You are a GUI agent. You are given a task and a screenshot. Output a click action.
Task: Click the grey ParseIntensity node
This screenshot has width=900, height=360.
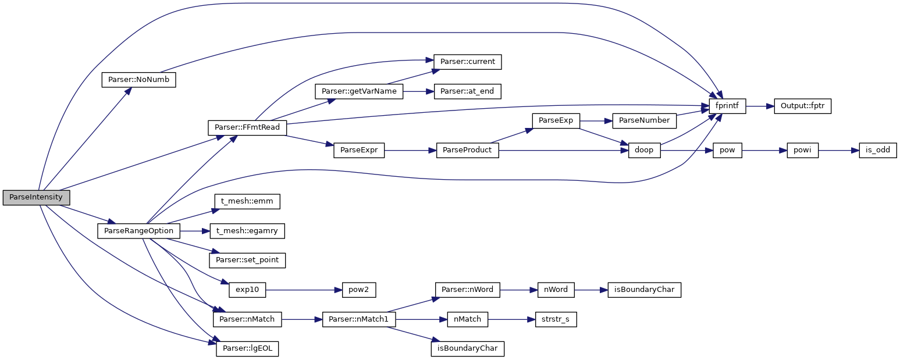click(x=36, y=197)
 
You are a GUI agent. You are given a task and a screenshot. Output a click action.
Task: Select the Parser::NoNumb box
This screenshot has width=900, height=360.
click(x=138, y=80)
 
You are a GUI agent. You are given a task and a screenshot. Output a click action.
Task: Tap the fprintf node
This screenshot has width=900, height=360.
click(x=727, y=106)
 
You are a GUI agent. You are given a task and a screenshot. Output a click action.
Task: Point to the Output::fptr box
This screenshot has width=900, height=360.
click(x=802, y=106)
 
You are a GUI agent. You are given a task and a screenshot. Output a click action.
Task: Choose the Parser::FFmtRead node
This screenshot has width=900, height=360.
click(x=247, y=127)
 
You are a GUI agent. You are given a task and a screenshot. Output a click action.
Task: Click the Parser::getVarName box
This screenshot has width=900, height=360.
click(x=359, y=91)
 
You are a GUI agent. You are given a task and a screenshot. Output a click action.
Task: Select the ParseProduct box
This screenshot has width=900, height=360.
click(x=467, y=150)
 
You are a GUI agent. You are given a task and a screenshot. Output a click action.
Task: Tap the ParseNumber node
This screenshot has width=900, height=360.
click(x=644, y=121)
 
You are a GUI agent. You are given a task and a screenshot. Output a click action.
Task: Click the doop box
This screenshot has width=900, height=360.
click(x=644, y=150)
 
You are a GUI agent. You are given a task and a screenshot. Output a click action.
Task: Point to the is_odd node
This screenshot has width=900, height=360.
click(x=878, y=150)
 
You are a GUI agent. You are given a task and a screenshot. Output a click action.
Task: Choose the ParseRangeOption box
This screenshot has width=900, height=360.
click(x=138, y=231)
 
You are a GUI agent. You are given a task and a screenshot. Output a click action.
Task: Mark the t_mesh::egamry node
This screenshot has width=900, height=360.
click(x=247, y=231)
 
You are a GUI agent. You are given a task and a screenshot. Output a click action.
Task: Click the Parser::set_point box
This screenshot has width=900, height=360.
click(x=247, y=260)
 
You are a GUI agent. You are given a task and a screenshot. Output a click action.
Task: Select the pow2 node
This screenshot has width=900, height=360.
click(x=355, y=289)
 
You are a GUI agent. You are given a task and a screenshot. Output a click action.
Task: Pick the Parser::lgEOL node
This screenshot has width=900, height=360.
click(x=247, y=349)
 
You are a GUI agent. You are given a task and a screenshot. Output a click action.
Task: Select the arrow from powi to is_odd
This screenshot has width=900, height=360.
click(x=838, y=150)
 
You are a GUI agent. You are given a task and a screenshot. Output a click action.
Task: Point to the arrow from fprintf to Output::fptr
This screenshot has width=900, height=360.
click(x=759, y=106)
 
